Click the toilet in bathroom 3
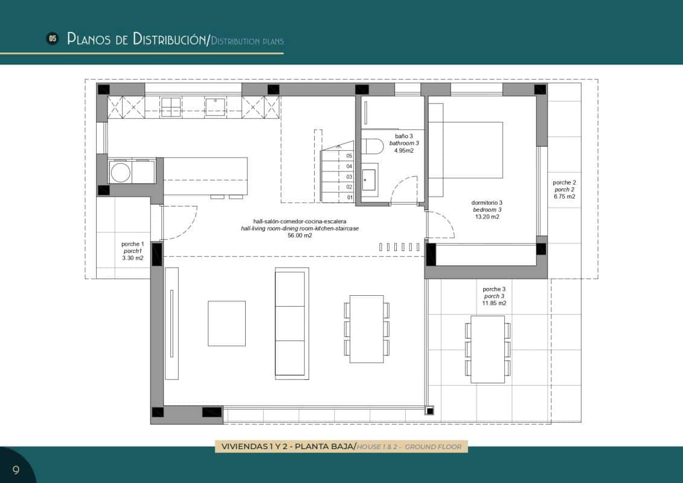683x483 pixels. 373,147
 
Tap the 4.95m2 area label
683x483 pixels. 404,151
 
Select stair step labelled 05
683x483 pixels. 349,156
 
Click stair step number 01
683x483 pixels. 349,197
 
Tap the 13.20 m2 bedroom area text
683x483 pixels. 487,217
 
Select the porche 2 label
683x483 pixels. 564,182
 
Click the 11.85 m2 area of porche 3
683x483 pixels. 493,304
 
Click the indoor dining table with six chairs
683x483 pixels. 367,328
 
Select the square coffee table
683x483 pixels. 226,323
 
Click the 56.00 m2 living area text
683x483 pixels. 300,236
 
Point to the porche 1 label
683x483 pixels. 133,244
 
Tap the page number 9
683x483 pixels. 16,470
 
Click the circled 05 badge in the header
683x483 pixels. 53,39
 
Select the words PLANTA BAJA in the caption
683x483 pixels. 323,447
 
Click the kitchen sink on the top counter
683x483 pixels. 216,106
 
